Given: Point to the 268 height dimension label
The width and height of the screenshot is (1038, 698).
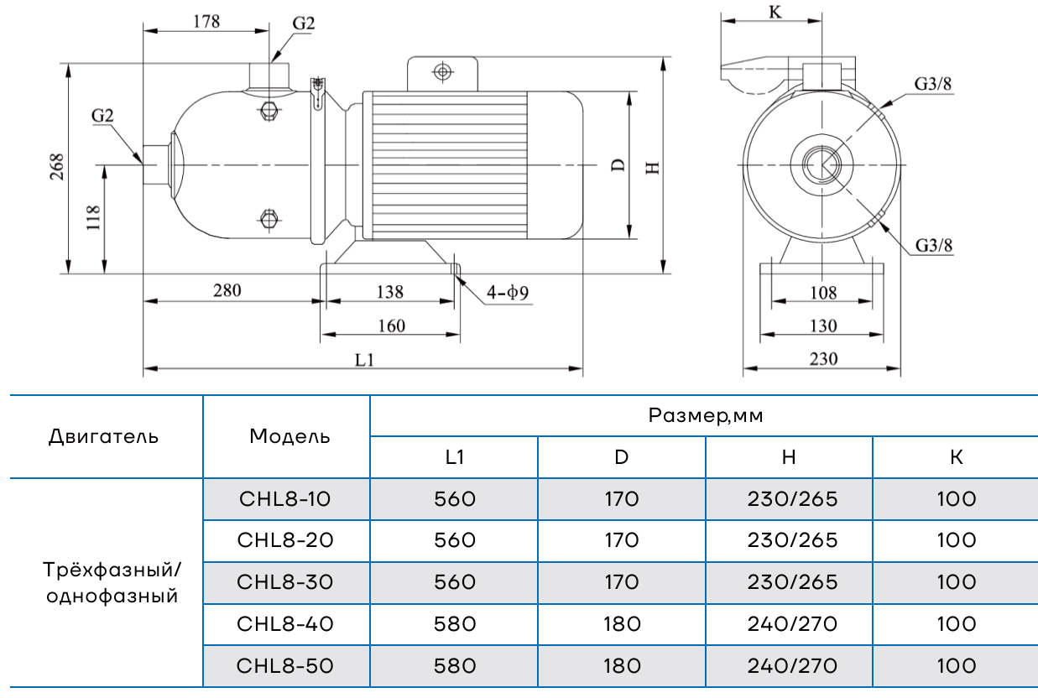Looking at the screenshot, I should click(56, 169).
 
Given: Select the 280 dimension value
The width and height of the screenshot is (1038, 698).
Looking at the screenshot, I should click(227, 291).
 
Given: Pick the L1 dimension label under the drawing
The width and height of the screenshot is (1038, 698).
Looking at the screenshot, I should click(363, 360).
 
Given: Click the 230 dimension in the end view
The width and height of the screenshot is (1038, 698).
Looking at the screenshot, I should click(823, 359).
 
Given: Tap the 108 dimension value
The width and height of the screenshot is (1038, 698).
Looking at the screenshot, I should click(823, 293).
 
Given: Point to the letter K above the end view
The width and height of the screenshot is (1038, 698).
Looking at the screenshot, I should click(774, 13).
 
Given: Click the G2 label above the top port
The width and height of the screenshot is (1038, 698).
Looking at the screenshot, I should click(304, 23).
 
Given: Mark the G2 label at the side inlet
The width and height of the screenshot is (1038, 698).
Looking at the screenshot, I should click(102, 116).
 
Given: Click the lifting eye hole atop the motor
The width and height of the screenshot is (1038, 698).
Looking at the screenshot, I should click(442, 71).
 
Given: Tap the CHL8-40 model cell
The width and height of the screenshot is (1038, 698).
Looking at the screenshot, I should click(286, 624).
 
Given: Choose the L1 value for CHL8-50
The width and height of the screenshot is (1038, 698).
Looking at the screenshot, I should click(455, 666).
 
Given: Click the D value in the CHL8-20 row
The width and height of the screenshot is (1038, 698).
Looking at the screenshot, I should click(621, 540).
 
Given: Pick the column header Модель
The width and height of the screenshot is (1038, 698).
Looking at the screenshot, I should click(289, 436).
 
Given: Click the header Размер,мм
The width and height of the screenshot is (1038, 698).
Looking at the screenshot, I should click(706, 415).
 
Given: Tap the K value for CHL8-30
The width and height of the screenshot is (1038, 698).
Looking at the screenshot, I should click(957, 582).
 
